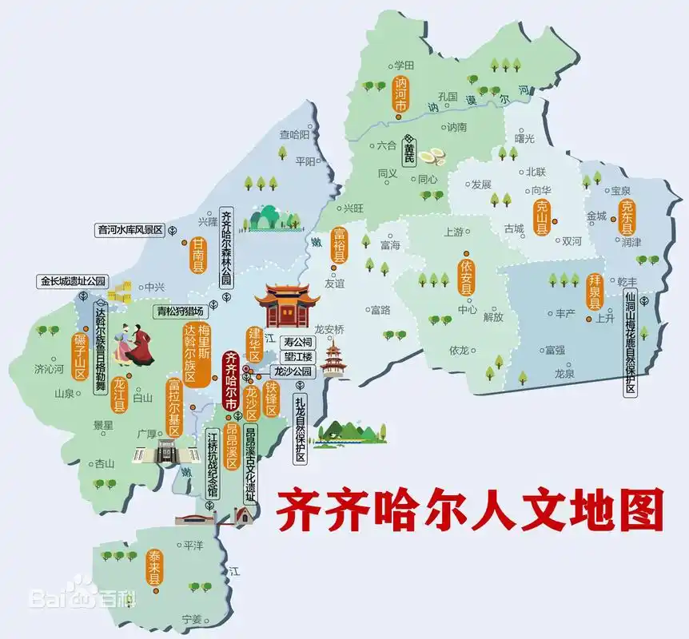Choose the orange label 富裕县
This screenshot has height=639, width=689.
point(340,246)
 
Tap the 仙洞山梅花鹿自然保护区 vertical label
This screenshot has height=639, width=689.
point(631,343)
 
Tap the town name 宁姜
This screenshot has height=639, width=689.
point(192,619)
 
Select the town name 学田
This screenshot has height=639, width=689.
point(404,65)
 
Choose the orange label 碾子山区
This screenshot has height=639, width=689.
point(80,356)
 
